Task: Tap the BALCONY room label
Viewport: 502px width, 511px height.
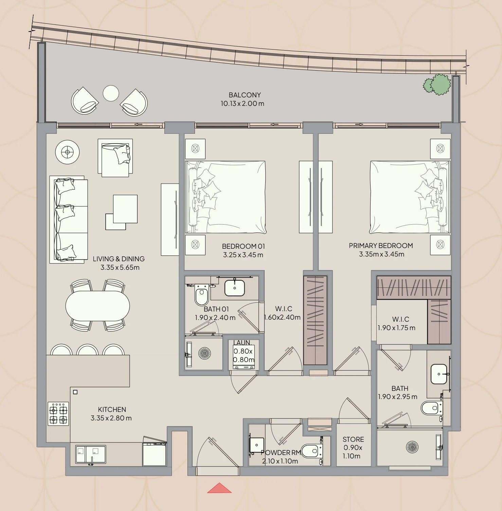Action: click(x=245, y=95)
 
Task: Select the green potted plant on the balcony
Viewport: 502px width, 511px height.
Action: click(x=437, y=84)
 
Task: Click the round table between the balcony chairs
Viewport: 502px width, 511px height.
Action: click(x=111, y=93)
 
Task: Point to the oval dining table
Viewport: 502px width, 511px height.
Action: click(x=97, y=306)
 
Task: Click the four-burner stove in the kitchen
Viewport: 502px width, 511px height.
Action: click(x=58, y=414)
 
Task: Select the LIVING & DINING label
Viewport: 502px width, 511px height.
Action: click(x=119, y=259)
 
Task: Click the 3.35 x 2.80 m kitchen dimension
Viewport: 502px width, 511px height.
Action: click(x=111, y=418)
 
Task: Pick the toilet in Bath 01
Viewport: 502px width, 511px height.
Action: click(x=201, y=296)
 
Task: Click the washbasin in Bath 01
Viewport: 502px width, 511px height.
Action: click(x=235, y=288)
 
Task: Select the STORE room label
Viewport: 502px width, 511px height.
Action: click(x=353, y=439)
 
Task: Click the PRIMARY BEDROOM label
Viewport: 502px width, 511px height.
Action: click(x=381, y=246)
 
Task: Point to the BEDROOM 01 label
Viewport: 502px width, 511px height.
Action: click(x=243, y=246)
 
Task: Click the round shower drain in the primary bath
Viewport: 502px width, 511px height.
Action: click(x=412, y=447)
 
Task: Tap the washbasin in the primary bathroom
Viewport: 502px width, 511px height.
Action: click(x=439, y=374)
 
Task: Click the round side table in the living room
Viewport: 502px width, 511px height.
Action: click(x=67, y=152)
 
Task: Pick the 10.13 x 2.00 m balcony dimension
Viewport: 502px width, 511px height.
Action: click(x=242, y=104)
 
